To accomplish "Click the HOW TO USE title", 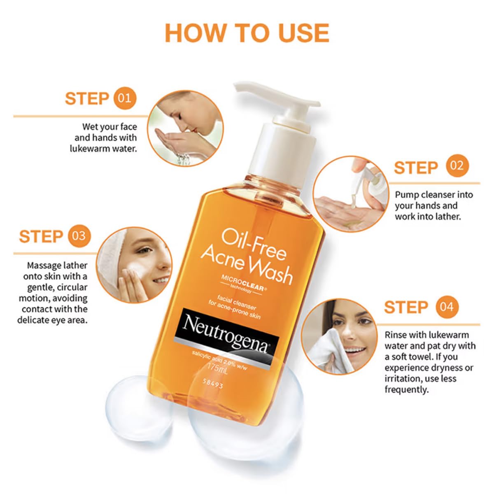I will click(x=247, y=33).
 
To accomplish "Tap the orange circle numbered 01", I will click(x=124, y=98).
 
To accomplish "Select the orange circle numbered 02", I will click(x=457, y=166).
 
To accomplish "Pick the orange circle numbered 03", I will click(x=79, y=236).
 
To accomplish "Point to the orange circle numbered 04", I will click(x=447, y=307).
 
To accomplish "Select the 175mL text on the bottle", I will click(x=218, y=367).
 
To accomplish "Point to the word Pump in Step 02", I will click(x=407, y=195).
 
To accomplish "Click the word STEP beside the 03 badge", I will click(x=40, y=237).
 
